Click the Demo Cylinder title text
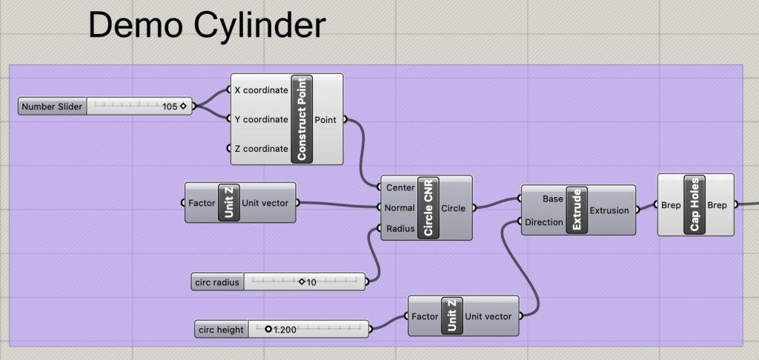207,25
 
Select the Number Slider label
52,107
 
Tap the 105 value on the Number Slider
170,107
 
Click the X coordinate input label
261,90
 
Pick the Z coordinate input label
261,149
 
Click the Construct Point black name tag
302,119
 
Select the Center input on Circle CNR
400,187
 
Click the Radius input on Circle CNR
400,228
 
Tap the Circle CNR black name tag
428,208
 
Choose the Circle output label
453,208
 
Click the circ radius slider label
216,282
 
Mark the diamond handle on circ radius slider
302,281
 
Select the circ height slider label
221,330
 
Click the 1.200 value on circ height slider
285,330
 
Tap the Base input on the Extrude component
553,199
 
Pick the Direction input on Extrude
544,221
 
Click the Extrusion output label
609,210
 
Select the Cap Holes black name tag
695,204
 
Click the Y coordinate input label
261,119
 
